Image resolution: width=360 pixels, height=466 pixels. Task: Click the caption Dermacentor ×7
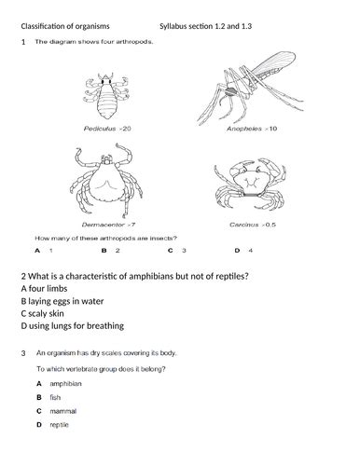pyautogui.click(x=111, y=225)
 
